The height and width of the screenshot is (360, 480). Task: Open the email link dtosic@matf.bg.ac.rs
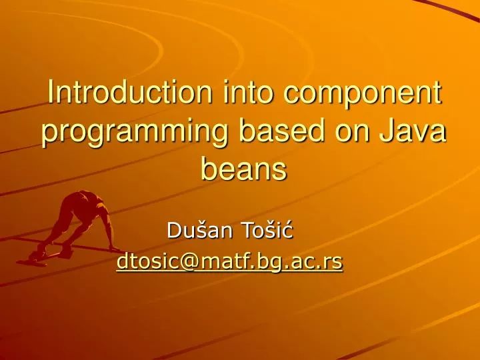point(229,263)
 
